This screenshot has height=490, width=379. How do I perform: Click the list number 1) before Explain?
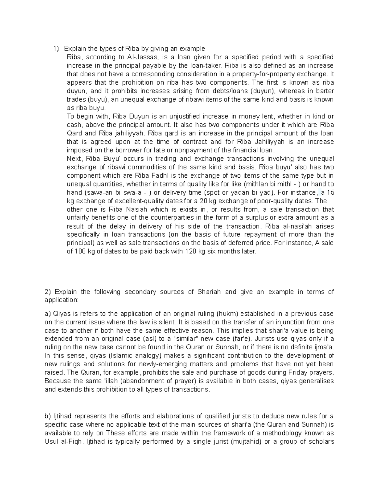point(56,49)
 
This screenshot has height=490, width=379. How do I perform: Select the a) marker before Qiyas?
point(48,314)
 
